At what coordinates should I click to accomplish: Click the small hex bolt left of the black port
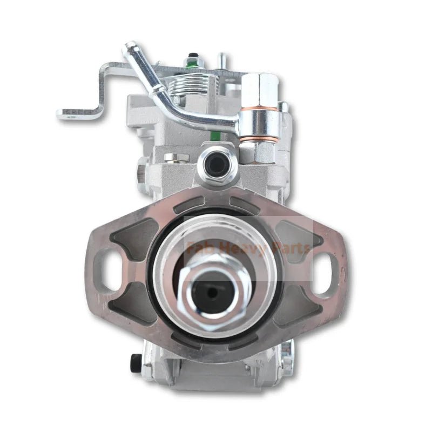click(177, 158)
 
